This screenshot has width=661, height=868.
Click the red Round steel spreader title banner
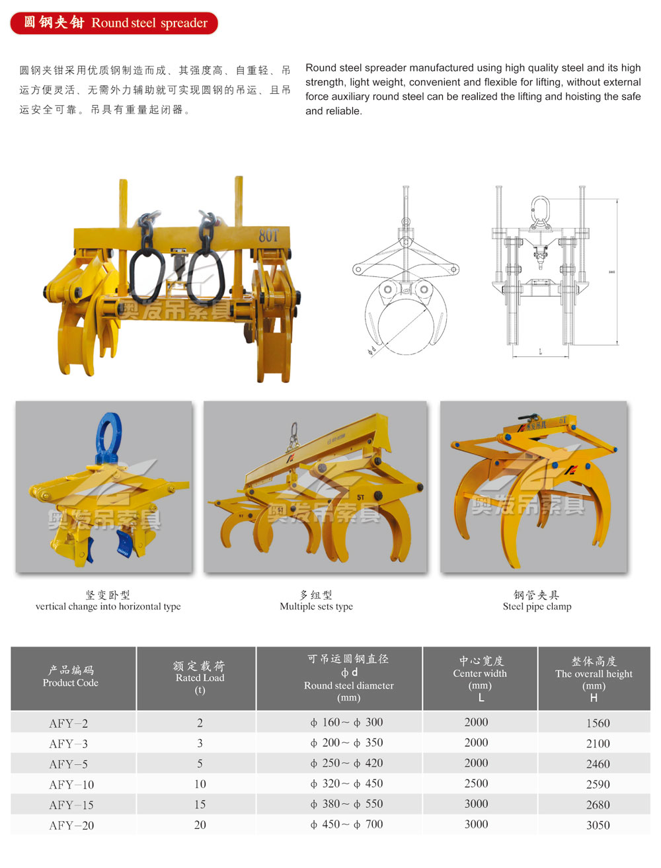[114, 23]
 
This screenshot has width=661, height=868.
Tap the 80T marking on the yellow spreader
[268, 235]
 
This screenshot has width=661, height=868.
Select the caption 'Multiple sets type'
[316, 606]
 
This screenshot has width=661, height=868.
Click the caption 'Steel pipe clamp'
[537, 606]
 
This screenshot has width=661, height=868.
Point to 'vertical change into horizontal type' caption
[108, 606]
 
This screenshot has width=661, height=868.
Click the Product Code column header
[71, 676]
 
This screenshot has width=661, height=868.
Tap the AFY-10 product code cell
[71, 785]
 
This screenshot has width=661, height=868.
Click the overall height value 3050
[598, 825]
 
